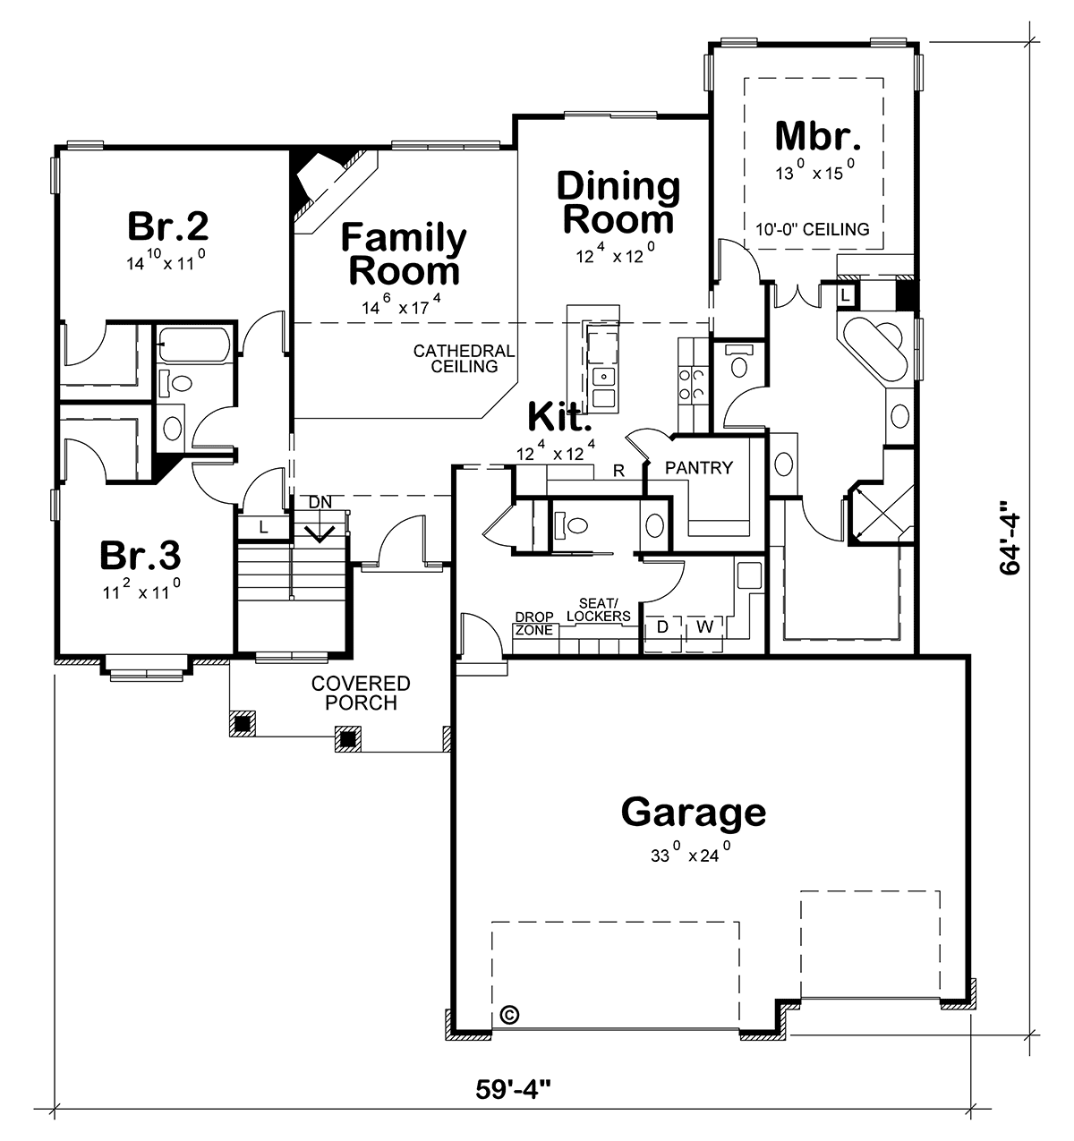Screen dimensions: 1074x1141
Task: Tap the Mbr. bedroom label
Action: tap(817, 136)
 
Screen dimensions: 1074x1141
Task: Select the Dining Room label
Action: tap(618, 203)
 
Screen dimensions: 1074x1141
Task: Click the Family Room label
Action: tap(404, 254)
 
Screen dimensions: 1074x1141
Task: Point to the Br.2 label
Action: tap(167, 226)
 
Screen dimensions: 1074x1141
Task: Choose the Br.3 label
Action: tap(141, 555)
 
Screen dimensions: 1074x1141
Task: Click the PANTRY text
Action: tap(699, 468)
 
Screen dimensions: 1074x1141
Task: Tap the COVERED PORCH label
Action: tap(361, 693)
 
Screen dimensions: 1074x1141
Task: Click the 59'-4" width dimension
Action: tap(513, 1089)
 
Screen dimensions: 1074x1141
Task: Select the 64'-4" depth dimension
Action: tap(1010, 539)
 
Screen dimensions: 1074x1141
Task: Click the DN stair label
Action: tap(320, 502)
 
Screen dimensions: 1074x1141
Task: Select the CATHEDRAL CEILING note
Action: tap(465, 359)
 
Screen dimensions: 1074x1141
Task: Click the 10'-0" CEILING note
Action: tap(812, 229)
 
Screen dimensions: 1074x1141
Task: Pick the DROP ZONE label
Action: tap(533, 624)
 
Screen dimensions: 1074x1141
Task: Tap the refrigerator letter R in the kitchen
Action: tap(618, 471)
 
